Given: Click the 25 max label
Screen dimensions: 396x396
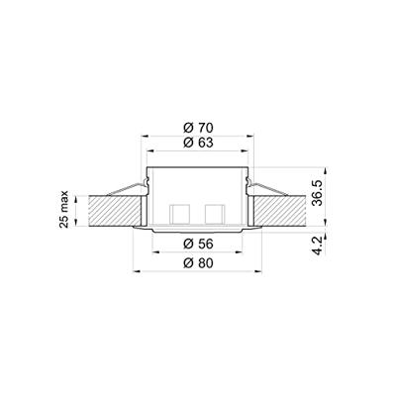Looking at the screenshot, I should coord(64,211).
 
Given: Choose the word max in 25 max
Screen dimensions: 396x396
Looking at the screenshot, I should coord(64,203).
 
